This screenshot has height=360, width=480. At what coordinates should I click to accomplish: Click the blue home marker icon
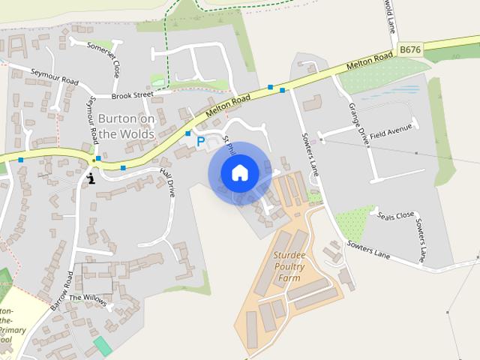(239, 172)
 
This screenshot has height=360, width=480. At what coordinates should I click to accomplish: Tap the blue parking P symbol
(200, 140)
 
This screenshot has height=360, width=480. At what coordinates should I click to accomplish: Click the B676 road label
(410, 49)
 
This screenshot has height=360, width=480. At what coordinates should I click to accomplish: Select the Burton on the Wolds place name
(126, 126)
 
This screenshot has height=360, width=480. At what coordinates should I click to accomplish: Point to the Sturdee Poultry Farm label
(288, 266)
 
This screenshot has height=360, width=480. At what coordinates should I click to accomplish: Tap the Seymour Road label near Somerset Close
(54, 77)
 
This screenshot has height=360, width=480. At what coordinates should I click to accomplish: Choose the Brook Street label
(132, 95)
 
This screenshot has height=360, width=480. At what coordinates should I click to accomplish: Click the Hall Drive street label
(167, 182)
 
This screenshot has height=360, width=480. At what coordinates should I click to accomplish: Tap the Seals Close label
(396, 214)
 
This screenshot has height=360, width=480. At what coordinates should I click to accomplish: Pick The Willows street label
(87, 298)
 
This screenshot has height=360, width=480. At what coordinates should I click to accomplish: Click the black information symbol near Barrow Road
(91, 178)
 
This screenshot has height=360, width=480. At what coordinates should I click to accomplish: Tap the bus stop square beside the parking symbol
(188, 133)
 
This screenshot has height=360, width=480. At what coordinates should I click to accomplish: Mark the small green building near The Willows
(101, 346)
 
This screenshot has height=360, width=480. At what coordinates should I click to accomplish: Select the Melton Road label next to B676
(370, 61)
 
